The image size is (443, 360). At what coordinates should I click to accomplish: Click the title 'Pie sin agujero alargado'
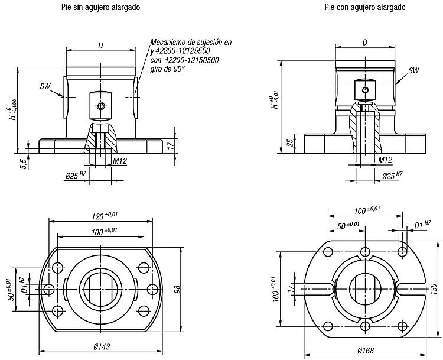tap(100, 7)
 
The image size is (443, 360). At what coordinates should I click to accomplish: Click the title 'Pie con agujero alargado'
tap(365, 7)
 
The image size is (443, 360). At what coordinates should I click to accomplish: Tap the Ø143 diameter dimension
tap(102, 346)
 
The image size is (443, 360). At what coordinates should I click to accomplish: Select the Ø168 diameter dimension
tap(366, 351)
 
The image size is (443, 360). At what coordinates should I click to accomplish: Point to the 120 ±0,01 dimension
tap(105, 216)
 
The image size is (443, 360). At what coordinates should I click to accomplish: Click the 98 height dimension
tap(177, 289)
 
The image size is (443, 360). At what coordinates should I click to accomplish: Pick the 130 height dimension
tap(435, 290)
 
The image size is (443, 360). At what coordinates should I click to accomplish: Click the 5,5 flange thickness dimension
tap(24, 164)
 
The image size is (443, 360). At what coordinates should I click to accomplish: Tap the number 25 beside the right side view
tap(290, 142)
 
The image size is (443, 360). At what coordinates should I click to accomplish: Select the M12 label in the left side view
tap(120, 161)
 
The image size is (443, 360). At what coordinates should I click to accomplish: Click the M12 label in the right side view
tap(385, 160)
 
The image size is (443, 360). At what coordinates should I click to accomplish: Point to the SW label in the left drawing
tap(45, 86)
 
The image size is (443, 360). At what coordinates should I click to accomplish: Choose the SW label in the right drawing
tap(414, 70)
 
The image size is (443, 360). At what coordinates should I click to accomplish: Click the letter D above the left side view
tap(100, 46)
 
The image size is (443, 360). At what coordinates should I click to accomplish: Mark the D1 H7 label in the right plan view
tap(422, 225)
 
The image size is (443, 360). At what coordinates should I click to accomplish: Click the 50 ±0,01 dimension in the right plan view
tap(348, 226)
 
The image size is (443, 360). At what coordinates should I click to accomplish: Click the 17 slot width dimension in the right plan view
tap(290, 288)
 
